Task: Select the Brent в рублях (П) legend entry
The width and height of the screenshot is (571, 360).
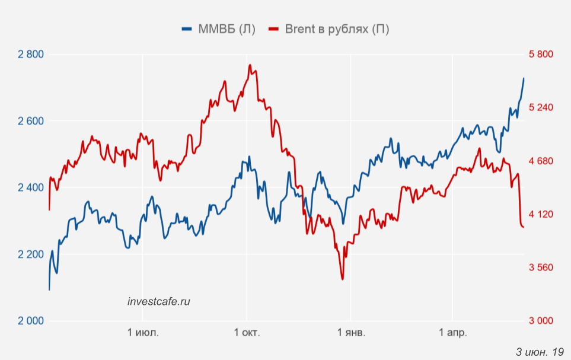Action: pos(329,29)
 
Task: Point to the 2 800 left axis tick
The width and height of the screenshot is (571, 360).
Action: pos(31,55)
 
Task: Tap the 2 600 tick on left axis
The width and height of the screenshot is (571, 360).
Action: pos(31,121)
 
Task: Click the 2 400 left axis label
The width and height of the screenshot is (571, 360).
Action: pos(31,187)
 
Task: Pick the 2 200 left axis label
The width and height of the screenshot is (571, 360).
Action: pos(31,254)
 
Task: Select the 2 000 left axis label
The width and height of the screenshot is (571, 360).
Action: pos(31,321)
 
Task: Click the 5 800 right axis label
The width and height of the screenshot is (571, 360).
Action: pos(540,55)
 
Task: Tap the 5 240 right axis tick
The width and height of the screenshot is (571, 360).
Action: pos(540,108)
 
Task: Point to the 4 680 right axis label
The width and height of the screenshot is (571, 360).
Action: pos(540,161)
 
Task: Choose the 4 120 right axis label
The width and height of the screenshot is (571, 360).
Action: pos(540,214)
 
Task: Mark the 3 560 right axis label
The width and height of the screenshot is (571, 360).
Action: pos(540,267)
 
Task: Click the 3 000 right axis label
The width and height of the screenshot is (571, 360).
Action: pos(540,321)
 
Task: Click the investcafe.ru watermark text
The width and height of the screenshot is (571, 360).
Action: pos(159,301)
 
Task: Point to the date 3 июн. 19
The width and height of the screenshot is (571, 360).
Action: pos(540,352)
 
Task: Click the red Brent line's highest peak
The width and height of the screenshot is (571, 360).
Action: pos(250,65)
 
